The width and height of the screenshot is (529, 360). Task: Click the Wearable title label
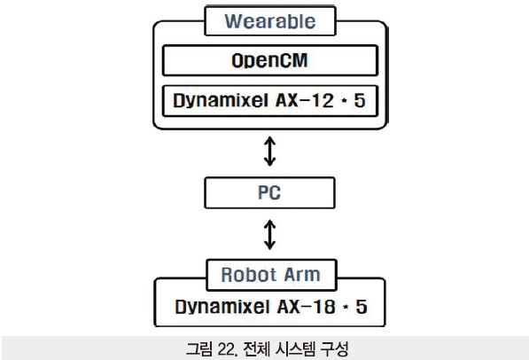click(x=270, y=21)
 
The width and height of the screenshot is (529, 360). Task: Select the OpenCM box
click(x=270, y=60)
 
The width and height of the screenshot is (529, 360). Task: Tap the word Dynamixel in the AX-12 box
click(x=221, y=100)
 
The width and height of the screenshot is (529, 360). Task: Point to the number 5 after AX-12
click(x=360, y=100)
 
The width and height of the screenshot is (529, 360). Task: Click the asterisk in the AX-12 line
click(x=344, y=100)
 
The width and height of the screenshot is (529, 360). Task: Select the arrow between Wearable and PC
click(x=269, y=152)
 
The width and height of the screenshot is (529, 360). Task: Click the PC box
click(x=269, y=192)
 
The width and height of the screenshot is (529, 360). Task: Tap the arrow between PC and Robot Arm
click(x=269, y=235)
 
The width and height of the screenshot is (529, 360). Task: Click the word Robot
click(x=249, y=275)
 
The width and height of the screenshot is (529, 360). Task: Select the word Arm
click(x=302, y=275)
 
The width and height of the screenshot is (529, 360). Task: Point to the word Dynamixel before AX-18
click(x=222, y=307)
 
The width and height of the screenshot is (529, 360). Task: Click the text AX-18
click(x=307, y=307)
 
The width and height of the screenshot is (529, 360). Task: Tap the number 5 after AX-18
click(x=362, y=307)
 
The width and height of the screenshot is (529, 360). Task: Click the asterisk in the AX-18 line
click(x=346, y=307)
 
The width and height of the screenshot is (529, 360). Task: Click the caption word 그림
click(x=199, y=348)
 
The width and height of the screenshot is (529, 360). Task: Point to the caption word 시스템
click(x=295, y=348)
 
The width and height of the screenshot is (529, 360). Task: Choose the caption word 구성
click(x=334, y=348)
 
